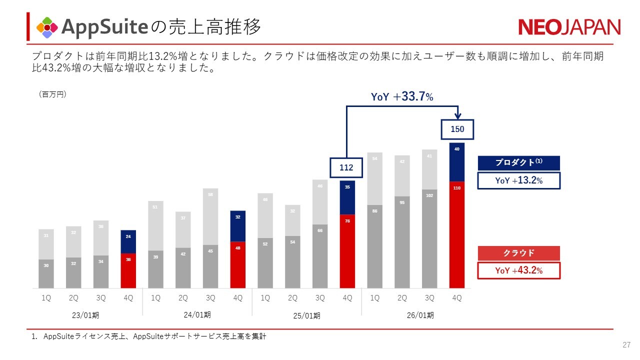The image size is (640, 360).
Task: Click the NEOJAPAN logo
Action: (569, 27)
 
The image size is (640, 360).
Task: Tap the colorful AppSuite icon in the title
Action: (47, 27)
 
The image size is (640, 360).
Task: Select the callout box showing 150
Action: (457, 129)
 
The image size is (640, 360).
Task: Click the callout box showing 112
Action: (346, 168)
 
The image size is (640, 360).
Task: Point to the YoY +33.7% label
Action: (401, 97)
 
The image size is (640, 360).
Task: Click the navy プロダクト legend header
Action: (518, 163)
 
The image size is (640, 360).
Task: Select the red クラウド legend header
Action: (518, 253)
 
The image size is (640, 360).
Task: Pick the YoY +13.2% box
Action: (518, 180)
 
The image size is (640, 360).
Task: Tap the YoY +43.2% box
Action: (518, 270)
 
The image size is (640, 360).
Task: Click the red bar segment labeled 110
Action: (457, 235)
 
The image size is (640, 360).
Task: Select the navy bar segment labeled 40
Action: (457, 162)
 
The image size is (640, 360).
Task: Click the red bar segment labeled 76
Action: (347, 251)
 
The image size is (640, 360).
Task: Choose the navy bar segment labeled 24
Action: (128, 242)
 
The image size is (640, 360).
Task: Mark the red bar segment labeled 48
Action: (238, 265)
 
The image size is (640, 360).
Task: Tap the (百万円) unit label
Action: (52, 94)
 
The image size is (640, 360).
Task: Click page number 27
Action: (626, 345)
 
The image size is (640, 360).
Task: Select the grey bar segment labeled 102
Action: (429, 239)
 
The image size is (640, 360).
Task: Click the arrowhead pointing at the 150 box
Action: (457, 116)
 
